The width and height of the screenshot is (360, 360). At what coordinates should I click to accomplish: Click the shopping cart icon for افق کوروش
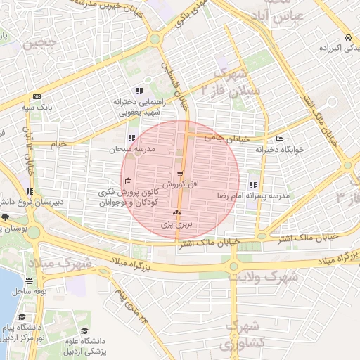click(181, 174)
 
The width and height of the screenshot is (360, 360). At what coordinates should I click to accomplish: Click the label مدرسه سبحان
click(131, 150)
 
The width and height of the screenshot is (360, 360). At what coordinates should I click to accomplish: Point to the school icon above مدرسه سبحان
click(131, 139)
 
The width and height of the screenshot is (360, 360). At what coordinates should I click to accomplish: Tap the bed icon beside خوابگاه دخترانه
click(280, 139)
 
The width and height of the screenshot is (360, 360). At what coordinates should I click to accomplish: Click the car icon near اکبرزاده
click(349, 37)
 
